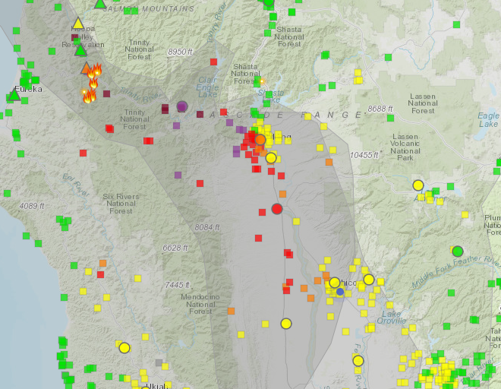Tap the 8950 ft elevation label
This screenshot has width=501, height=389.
pos(181,51)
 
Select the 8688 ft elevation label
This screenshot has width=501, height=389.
pos(380,109)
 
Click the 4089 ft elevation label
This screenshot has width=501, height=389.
pos(33,206)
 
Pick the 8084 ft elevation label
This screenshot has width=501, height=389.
pos(206,227)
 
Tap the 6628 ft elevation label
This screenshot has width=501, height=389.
pos(175,248)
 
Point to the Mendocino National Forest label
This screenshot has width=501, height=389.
pos(200,303)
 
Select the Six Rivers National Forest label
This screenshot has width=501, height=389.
pos(121,204)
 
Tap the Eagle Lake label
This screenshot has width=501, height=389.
pos(490,119)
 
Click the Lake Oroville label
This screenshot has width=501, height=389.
pos(391,318)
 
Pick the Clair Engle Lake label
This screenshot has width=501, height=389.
pos(207,84)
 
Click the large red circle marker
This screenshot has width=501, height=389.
pos(277,209)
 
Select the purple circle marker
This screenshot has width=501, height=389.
pos(182,106)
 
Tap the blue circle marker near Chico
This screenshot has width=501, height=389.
pos(340,292)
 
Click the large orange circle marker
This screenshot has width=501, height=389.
pos(260,139)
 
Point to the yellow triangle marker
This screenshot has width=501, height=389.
pos(77,23)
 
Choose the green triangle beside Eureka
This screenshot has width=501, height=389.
pos(14,95)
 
